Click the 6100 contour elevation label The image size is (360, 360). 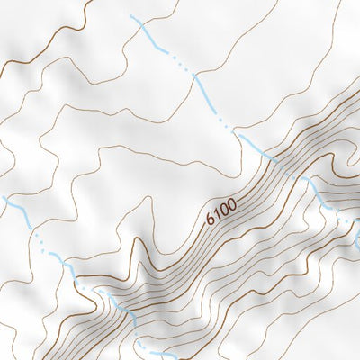[x=221, y=211]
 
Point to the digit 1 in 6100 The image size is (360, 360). [x=217, y=214]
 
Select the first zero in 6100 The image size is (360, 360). [x=224, y=210]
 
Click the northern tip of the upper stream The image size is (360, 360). [x=131, y=16]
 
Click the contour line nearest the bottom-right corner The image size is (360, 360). [x=346, y=346]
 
